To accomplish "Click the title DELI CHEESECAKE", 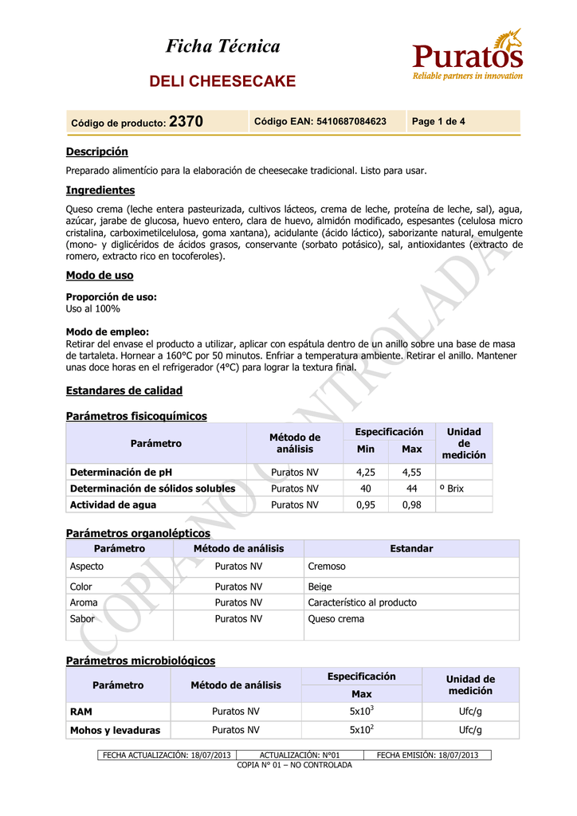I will [223, 81].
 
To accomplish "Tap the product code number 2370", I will [186, 122].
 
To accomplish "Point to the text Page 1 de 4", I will [438, 122].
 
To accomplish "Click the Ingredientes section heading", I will [100, 190].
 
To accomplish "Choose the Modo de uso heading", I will [99, 276].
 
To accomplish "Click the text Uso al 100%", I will [92, 308].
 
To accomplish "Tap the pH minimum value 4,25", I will [365, 472].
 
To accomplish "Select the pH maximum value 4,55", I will [411, 472].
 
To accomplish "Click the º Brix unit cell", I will [451, 488].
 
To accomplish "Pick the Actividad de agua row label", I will [113, 504].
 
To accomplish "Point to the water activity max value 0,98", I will [411, 504].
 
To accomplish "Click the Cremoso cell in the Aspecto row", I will [327, 567].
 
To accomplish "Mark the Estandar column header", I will [411, 549].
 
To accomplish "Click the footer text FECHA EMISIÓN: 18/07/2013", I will [427, 755].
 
